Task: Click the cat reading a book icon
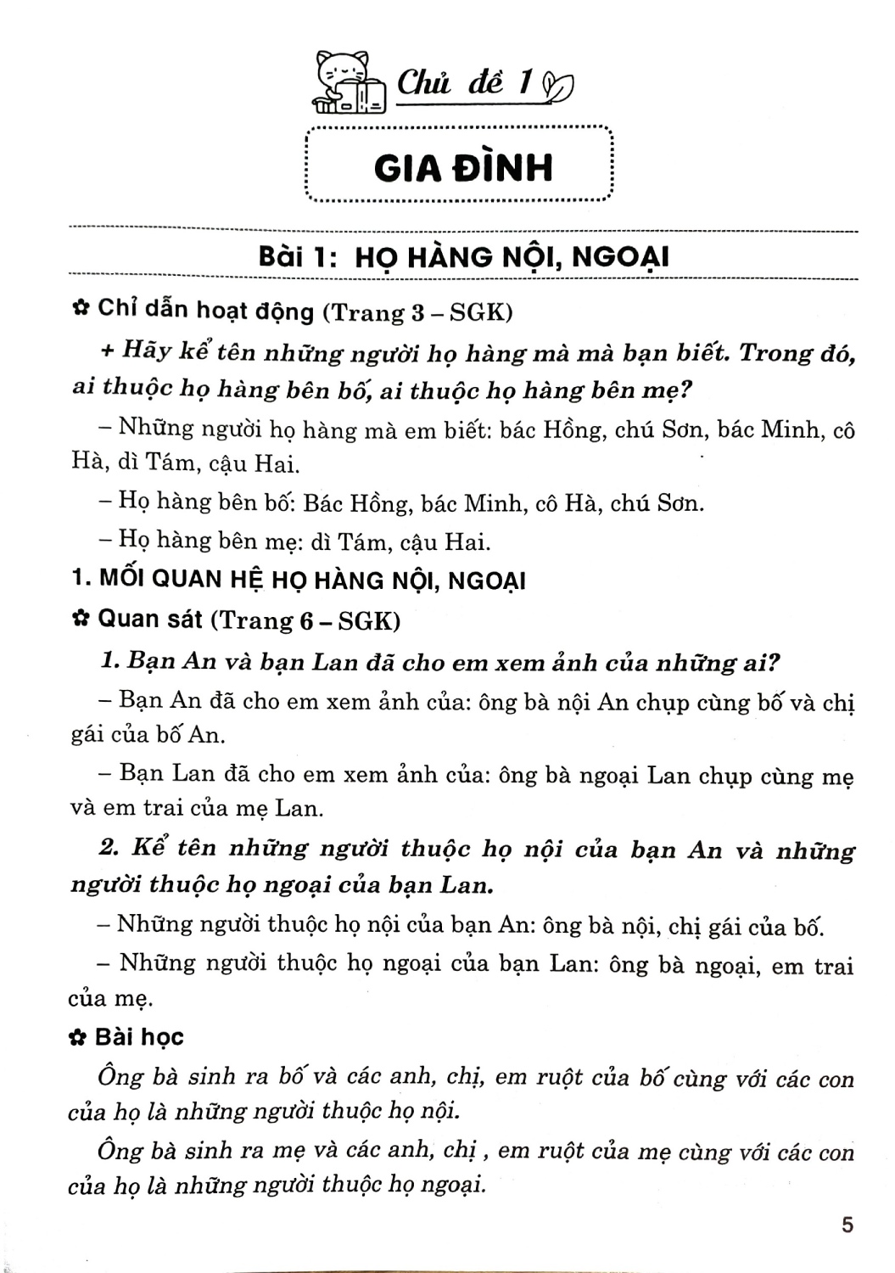click(348, 82)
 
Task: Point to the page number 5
click(846, 1225)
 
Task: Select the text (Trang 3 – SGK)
click(417, 312)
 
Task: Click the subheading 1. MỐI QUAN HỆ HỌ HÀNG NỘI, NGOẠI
click(299, 580)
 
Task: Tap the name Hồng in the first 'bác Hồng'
click(573, 429)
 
